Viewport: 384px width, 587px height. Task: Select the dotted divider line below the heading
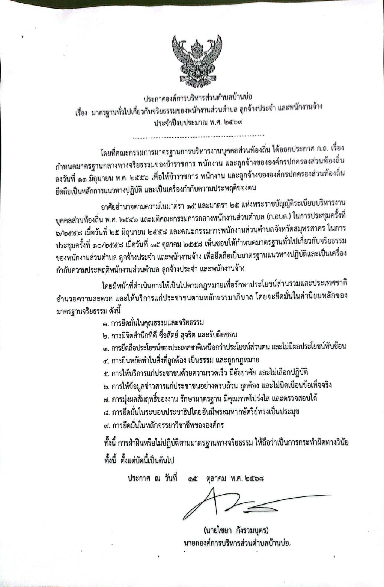click(x=198, y=136)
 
